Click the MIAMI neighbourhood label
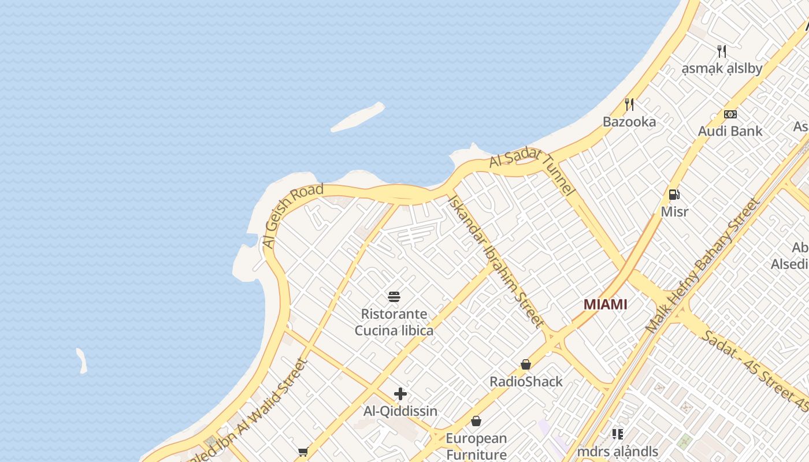[x=605, y=304]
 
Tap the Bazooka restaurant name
[x=629, y=122]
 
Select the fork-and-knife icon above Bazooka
[x=629, y=105]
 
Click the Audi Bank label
[x=730, y=131]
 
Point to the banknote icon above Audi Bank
[x=730, y=114]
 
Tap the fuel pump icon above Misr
[x=674, y=195]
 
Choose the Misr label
[x=674, y=211]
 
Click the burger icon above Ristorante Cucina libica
[x=394, y=297]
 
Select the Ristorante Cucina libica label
[x=394, y=322]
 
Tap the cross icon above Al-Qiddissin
[x=400, y=394]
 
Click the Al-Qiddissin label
[x=400, y=411]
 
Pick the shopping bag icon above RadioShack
[x=526, y=364]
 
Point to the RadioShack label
[x=526, y=382]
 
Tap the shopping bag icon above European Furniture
[x=476, y=421]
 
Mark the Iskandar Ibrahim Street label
[x=495, y=261]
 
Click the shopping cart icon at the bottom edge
[x=303, y=452]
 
